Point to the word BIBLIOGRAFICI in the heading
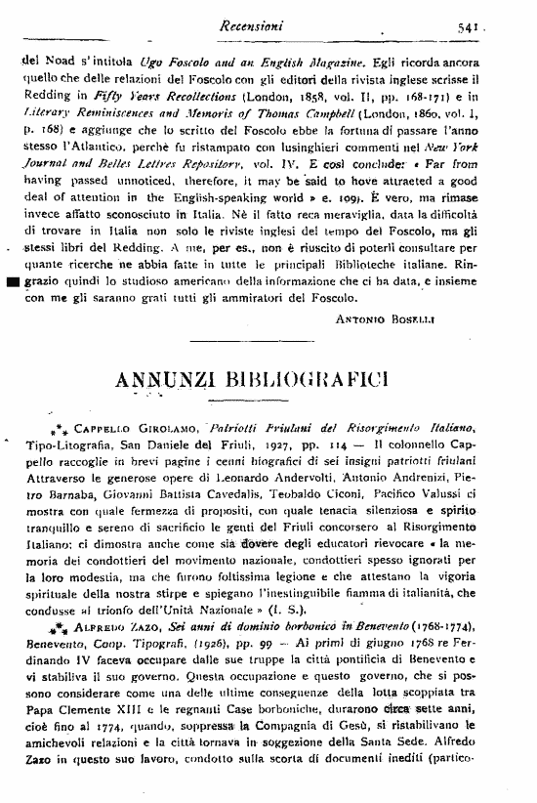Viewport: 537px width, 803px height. (x=329, y=377)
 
